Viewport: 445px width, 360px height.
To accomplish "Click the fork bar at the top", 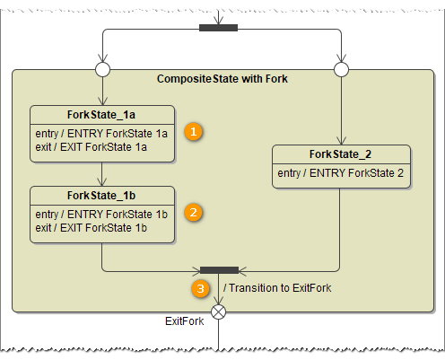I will click(x=218, y=27).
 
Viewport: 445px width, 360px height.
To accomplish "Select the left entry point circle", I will click(x=102, y=68).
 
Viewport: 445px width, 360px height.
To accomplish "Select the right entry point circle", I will click(x=341, y=68).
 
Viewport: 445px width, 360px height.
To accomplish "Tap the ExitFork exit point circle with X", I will click(x=218, y=312).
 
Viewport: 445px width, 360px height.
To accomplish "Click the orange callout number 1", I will click(x=192, y=131).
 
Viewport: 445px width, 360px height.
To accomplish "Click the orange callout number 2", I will click(x=192, y=213).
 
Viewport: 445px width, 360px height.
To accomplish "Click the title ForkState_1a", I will click(x=101, y=114).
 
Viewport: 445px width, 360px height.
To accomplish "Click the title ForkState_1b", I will click(x=101, y=195).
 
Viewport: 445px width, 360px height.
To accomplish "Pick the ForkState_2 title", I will click(x=341, y=154).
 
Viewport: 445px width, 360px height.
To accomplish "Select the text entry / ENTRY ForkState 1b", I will click(x=101, y=215).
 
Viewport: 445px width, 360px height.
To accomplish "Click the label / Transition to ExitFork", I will click(x=278, y=289).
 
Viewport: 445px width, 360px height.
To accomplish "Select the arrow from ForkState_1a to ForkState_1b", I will click(x=102, y=173).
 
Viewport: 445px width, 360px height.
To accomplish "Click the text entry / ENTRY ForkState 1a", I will click(x=101, y=134).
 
